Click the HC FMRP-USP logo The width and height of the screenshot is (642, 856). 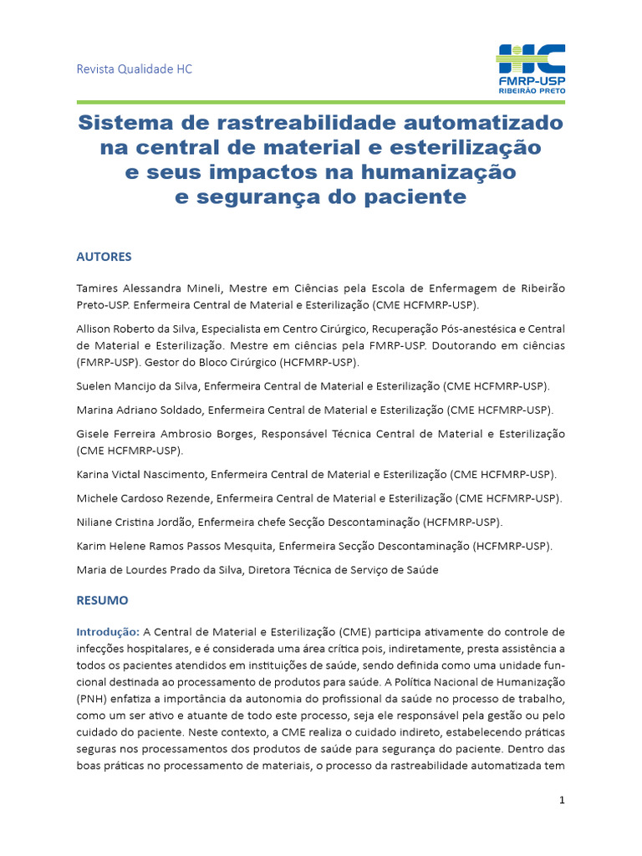531,68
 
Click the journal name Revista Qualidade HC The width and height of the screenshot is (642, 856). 135,69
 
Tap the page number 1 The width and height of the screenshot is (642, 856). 563,800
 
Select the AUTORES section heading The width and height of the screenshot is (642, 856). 104,257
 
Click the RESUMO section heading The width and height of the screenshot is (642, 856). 102,600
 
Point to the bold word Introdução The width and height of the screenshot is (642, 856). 108,631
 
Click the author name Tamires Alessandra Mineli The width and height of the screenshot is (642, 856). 150,288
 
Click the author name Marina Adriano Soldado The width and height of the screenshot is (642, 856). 139,410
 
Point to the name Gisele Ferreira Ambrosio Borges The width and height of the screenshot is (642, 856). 166,434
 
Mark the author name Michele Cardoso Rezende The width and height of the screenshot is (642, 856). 143,498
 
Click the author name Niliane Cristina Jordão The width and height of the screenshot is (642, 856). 135,522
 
